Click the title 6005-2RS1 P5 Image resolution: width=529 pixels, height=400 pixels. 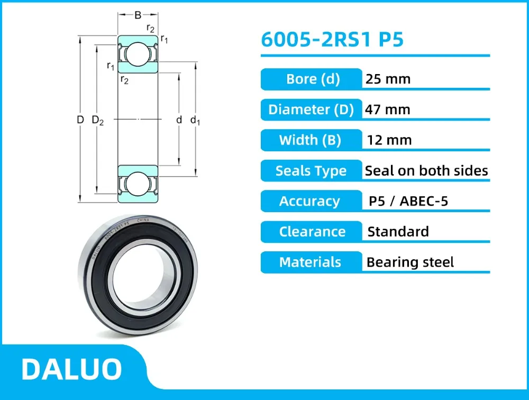(x=332, y=40)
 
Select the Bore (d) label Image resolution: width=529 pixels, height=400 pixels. (x=312, y=79)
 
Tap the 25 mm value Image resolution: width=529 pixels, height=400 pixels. (x=388, y=79)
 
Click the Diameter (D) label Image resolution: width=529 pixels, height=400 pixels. (x=311, y=110)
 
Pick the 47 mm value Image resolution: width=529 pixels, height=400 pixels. (x=388, y=110)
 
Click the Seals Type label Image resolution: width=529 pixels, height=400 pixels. (x=311, y=171)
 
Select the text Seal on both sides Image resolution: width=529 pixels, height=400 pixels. (x=426, y=171)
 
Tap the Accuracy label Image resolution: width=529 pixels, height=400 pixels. (x=309, y=201)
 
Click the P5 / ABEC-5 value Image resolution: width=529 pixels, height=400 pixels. (x=408, y=201)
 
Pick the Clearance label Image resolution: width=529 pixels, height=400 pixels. (x=312, y=232)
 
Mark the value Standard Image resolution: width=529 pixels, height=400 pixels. (x=398, y=232)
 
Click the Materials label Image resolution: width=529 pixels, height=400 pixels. (x=310, y=262)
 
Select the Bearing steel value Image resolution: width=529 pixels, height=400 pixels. (x=410, y=262)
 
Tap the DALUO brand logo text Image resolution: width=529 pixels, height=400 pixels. (x=71, y=369)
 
